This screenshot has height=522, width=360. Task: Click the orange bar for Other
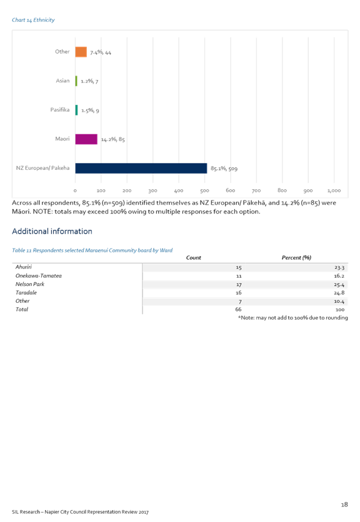[81, 52]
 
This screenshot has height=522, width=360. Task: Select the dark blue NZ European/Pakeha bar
[141, 168]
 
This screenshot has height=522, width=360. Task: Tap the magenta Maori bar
[86, 139]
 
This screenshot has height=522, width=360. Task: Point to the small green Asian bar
[76, 81]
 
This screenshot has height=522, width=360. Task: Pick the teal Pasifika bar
[76, 110]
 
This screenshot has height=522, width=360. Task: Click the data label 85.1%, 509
[224, 169]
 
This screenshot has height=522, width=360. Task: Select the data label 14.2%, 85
[113, 139]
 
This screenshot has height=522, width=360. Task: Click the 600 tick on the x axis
[231, 190]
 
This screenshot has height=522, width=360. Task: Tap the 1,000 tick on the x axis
[334, 190]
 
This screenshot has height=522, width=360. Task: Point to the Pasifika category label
[60, 109]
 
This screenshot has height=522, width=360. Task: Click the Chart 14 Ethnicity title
[33, 20]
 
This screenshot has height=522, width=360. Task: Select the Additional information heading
[52, 232]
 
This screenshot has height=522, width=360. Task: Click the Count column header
[194, 258]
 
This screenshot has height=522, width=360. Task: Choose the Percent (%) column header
[296, 258]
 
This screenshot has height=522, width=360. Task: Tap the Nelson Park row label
[30, 284]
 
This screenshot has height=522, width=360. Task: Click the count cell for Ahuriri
[239, 268]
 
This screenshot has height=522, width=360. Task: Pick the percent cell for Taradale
[339, 293]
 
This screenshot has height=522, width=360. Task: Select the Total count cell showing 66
[238, 309]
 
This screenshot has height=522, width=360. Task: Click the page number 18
[344, 505]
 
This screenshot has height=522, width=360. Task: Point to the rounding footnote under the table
[293, 318]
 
